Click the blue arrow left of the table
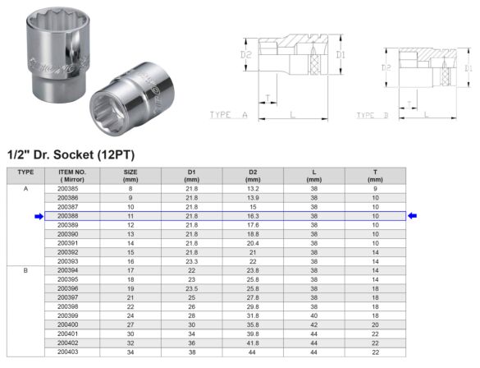click(39, 216)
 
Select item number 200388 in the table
click(68, 216)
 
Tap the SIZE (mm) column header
click(130, 174)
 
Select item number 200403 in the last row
click(68, 352)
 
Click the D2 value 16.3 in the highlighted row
click(253, 216)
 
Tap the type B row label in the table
click(25, 270)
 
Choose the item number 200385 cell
click(68, 189)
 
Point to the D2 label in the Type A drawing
click(246, 56)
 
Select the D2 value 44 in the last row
click(253, 352)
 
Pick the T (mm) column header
click(375, 174)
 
